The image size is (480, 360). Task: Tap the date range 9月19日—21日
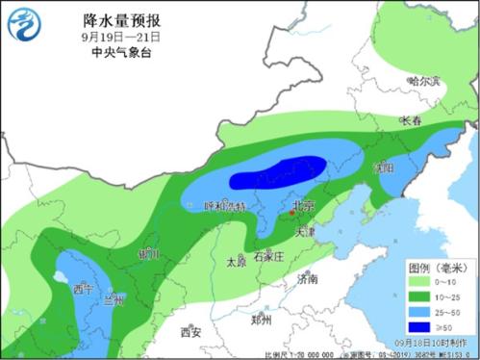click(x=120, y=36)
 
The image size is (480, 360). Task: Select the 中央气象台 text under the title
click(x=120, y=52)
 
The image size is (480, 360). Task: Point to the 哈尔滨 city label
click(x=422, y=82)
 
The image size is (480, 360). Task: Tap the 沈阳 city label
click(x=385, y=167)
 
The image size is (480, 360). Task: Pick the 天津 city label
click(x=304, y=232)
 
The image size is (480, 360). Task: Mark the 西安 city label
click(x=189, y=332)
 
